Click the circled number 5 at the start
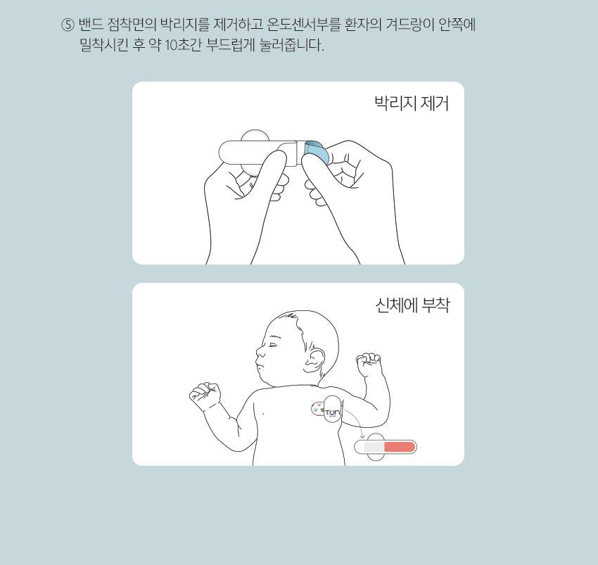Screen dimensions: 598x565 point(68,25)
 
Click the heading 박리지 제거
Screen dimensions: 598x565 point(412,103)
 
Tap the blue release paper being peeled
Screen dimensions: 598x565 point(317,152)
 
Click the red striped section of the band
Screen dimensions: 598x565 point(400,447)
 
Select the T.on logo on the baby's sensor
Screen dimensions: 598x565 point(333,413)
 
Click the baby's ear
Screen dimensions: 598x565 point(315,360)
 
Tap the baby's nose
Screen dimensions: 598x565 point(260,351)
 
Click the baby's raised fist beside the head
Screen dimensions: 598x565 point(369,364)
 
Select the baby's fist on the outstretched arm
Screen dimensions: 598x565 point(205,396)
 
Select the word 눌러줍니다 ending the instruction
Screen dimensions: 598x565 point(291,45)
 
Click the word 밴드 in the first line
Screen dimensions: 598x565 point(91,25)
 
